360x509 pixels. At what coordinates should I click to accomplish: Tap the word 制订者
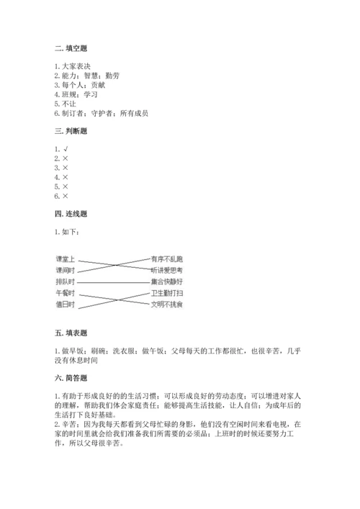point(76,112)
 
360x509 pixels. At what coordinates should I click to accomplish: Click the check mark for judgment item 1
point(66,149)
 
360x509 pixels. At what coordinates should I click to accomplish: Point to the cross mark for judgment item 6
point(66,196)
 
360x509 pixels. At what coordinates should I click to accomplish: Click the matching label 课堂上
point(66,258)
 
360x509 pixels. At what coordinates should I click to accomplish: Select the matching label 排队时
point(66,281)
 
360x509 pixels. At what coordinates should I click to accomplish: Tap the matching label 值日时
point(66,305)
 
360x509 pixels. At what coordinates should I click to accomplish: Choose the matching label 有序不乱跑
point(167,258)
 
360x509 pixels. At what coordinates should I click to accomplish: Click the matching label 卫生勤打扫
point(167,293)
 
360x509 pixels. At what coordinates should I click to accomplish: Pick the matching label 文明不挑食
point(167,305)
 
